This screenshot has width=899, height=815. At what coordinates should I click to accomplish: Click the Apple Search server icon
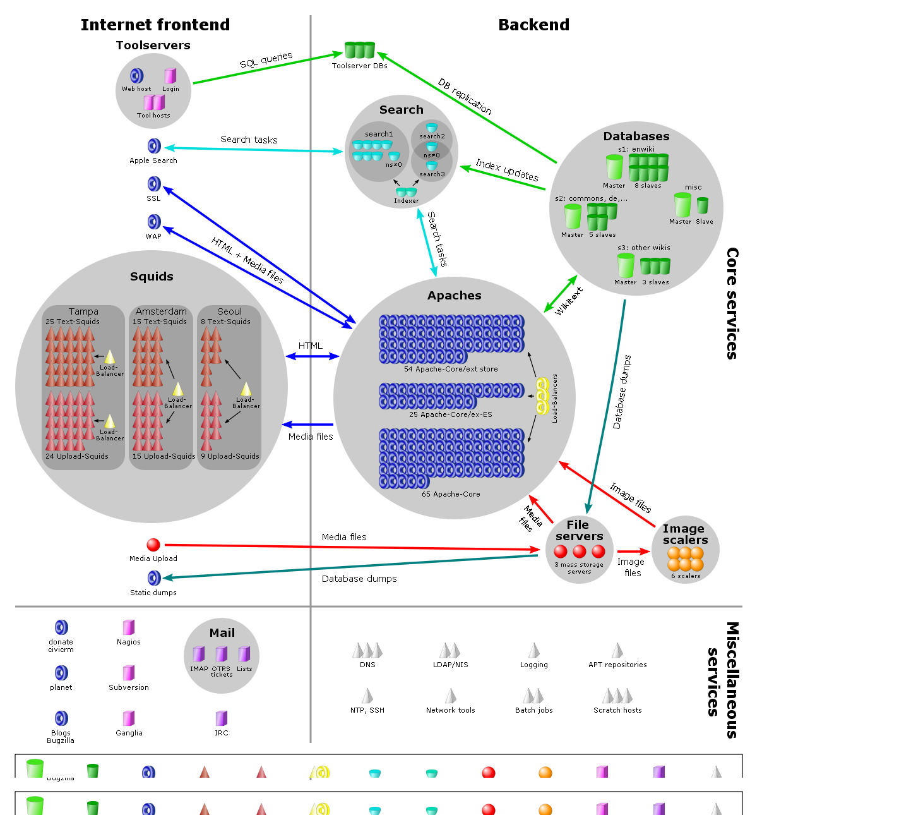154,147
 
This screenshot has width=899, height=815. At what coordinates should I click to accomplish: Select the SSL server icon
154,184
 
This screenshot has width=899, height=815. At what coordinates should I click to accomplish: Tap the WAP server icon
154,222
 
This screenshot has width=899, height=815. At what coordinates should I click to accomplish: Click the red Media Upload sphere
153,545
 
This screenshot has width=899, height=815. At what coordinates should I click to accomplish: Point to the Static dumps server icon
154,578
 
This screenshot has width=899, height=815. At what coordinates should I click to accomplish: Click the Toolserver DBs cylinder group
360,51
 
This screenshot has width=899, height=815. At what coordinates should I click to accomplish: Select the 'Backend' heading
533,25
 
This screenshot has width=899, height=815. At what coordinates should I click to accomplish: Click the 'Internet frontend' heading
155,25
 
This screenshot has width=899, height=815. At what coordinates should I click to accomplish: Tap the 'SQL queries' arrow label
266,60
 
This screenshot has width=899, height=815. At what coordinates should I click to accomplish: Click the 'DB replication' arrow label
465,96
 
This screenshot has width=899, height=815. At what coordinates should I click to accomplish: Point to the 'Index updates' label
507,170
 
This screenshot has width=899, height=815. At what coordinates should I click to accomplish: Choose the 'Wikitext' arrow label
569,301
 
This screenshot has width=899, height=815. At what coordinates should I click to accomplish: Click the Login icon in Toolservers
170,76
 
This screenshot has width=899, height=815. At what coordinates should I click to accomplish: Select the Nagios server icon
129,627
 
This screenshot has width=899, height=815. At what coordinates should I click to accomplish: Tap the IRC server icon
221,718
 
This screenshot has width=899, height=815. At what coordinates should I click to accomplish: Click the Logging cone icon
534,651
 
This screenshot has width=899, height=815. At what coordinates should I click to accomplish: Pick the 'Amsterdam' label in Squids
161,311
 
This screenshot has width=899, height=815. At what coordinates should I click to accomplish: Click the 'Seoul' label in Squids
229,311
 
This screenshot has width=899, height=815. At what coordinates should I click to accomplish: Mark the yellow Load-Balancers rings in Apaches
542,396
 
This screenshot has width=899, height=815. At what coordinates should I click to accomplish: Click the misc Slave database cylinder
703,205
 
